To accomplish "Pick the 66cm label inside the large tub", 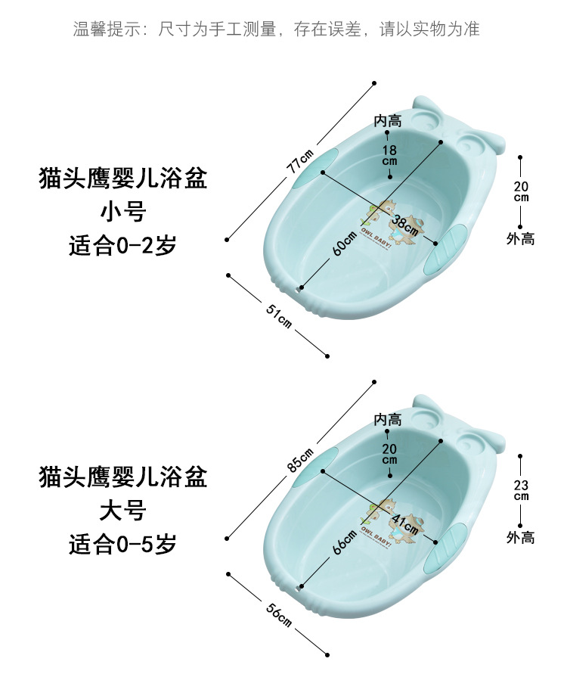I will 343,542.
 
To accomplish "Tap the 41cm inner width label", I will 405,521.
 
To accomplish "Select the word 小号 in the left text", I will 122,213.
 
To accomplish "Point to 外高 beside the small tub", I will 521,239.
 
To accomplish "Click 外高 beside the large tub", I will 521,538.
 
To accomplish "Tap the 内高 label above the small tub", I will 388,121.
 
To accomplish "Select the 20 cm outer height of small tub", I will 521,192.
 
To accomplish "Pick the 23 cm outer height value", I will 521,490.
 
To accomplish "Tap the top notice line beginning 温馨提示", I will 277,30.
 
